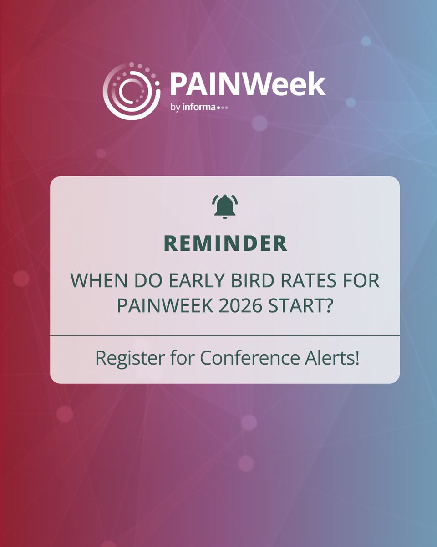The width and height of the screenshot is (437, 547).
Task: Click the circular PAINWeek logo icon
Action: click(132, 91)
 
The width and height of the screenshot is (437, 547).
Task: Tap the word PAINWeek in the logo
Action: click(248, 84)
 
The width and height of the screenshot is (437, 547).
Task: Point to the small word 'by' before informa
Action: click(175, 108)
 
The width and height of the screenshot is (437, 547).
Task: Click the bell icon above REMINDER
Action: click(225, 206)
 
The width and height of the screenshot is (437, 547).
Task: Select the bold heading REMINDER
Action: click(225, 244)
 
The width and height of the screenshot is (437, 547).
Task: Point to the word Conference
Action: click(244, 358)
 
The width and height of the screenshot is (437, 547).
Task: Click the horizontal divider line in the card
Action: click(225, 335)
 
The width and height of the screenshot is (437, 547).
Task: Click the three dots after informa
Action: click(223, 108)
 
